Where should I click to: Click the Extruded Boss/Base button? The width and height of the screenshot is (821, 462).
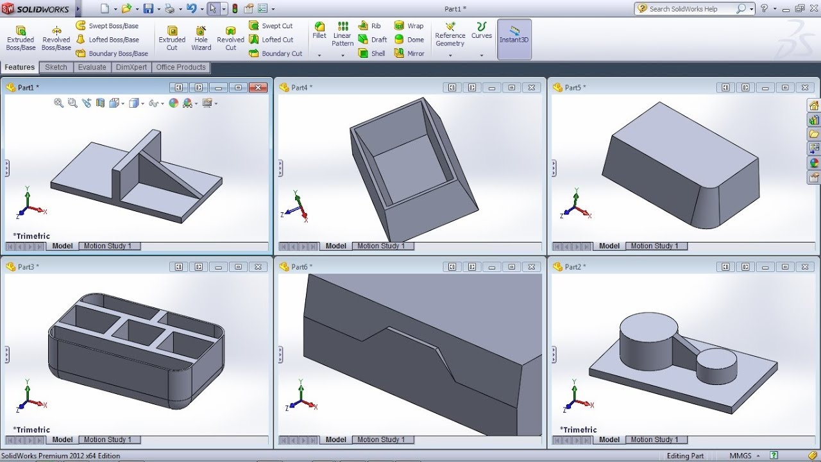coord(21,38)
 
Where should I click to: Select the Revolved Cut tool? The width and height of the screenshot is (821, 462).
coord(230,38)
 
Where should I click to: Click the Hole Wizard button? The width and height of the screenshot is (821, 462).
coord(201,38)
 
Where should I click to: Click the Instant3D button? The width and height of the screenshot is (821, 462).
coord(514,35)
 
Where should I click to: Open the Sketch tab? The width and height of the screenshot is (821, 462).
coord(56,67)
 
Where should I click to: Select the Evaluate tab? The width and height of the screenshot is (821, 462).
coord(92,67)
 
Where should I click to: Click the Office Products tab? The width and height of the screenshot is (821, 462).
coord(181,67)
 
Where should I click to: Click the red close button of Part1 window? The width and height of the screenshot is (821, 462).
coord(258,87)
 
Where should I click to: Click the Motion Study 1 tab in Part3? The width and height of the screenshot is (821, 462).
coord(107,440)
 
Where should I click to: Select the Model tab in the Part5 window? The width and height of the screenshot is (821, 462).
coord(609,246)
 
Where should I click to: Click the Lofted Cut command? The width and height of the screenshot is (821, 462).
coord(271,40)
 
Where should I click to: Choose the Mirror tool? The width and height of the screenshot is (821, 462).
coord(410,53)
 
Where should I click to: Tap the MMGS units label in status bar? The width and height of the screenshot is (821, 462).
coord(740,456)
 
